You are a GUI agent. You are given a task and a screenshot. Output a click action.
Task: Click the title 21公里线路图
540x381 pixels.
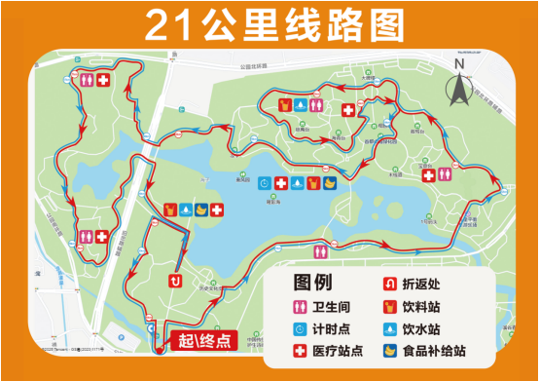click(269, 26)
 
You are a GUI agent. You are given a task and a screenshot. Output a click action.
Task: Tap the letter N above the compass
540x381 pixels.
click(459, 65)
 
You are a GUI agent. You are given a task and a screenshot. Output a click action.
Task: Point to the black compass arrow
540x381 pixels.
click(459, 90)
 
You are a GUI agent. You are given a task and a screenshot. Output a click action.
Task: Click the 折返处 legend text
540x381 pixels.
click(427, 285)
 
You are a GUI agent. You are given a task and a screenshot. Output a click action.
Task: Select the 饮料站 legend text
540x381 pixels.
click(427, 306)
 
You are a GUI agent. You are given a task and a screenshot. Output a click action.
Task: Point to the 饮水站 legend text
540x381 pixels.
click(427, 328)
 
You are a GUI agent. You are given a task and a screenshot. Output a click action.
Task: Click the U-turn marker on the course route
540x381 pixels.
click(175, 282)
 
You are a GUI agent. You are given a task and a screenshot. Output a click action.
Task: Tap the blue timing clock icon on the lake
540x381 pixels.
click(265, 183)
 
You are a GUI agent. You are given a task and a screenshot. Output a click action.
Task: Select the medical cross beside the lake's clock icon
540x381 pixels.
click(281, 183)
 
